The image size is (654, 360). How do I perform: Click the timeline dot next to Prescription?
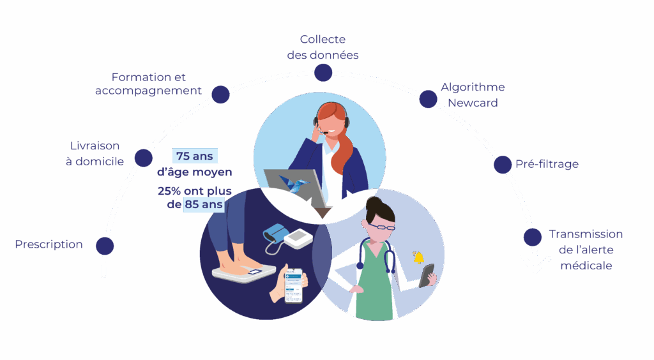point(105,246)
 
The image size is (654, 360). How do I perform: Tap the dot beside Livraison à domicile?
point(144,158)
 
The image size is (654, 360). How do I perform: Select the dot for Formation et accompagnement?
point(220,94)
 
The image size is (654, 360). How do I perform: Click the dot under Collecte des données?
point(323,73)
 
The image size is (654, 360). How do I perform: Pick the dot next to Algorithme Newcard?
point(428,99)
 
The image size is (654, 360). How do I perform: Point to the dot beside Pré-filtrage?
point(503,165)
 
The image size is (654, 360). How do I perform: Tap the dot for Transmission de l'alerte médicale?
point(532,237)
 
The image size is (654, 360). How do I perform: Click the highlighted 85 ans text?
point(204,205)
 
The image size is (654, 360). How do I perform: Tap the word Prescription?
point(49,244)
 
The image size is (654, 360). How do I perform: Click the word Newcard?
point(473,102)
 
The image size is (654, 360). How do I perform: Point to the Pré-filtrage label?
point(547,164)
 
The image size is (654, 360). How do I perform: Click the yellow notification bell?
point(419,258)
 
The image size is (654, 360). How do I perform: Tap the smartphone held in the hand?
point(294,284)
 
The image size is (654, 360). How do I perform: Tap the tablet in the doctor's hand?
point(427,275)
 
